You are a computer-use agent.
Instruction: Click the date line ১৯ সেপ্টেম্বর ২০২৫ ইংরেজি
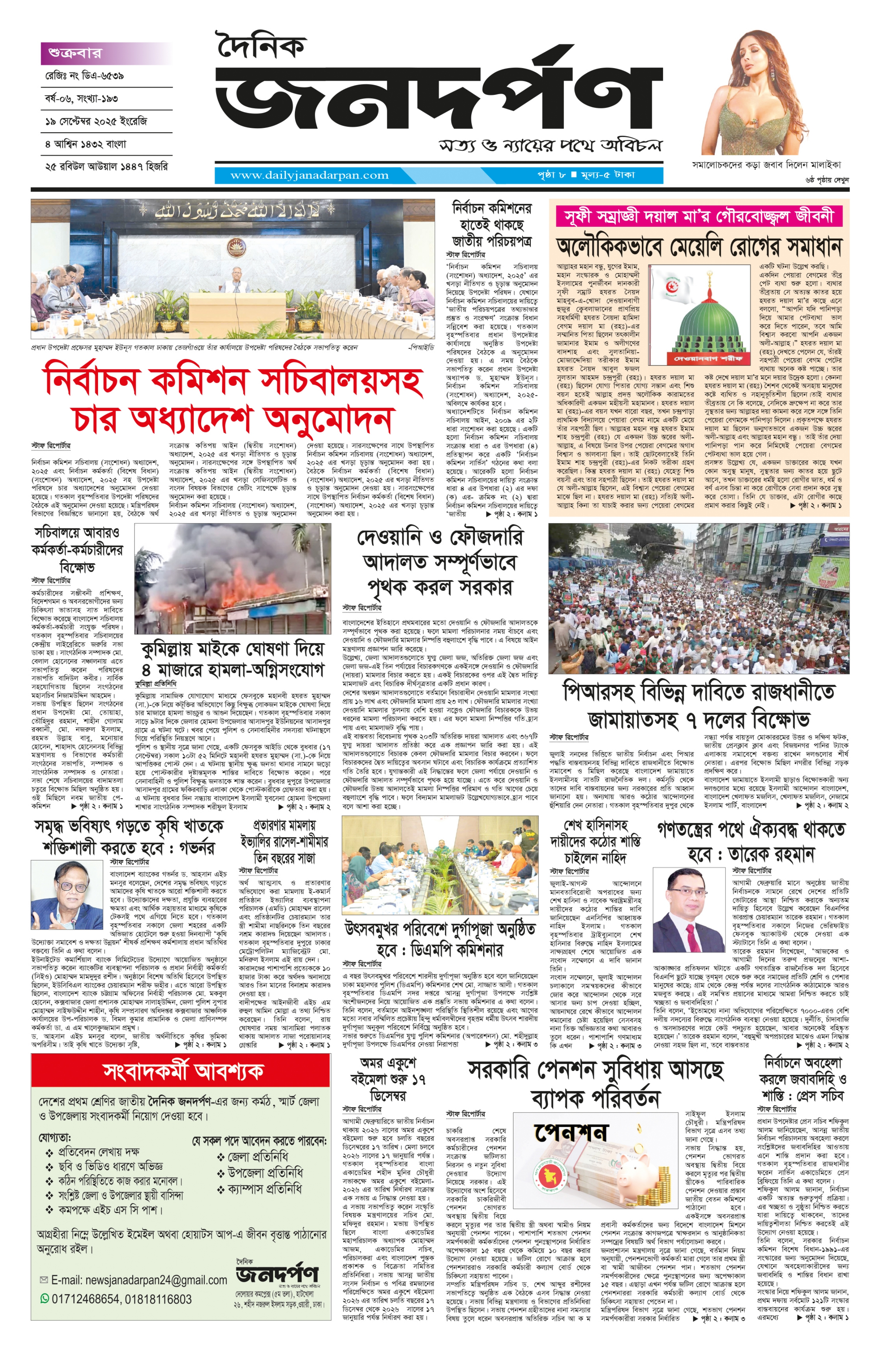96,121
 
